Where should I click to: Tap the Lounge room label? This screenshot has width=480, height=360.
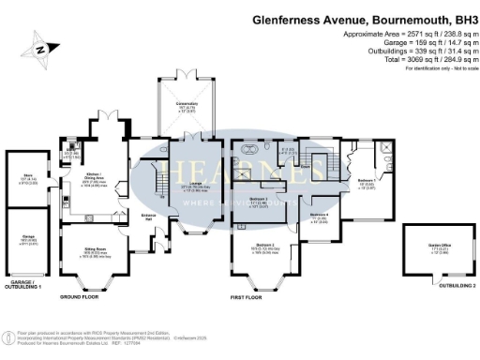196,186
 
